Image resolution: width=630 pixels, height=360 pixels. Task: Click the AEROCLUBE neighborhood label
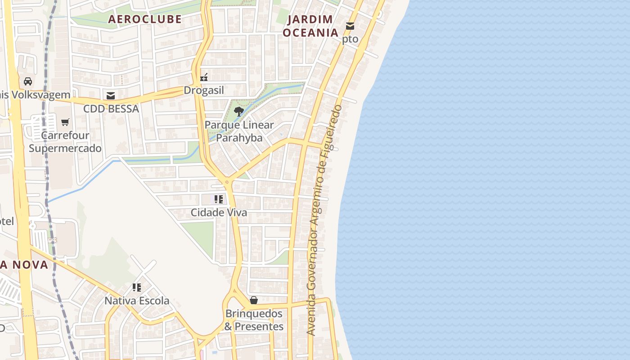coord(144,19)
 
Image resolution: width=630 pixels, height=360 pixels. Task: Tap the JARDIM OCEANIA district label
coord(310,26)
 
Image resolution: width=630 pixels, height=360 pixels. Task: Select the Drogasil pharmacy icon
coord(204,77)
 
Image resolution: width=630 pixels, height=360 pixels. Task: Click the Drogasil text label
coord(204,90)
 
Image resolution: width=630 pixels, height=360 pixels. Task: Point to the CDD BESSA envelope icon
coord(111,96)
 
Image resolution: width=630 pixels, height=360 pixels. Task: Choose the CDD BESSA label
coord(111,109)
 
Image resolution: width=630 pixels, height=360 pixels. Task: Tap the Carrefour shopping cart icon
coord(65,122)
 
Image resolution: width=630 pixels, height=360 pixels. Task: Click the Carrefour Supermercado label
coord(65,142)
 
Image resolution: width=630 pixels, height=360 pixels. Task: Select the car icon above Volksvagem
coord(28,81)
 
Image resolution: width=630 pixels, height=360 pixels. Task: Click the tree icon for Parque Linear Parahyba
coord(239,112)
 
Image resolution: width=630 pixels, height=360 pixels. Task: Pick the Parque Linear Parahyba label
coord(239,131)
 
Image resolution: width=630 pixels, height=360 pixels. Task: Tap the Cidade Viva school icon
coord(219,199)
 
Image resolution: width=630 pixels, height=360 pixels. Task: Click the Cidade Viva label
coord(219,212)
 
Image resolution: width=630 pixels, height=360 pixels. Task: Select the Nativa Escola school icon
coord(137,287)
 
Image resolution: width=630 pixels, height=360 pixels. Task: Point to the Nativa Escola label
coord(137,301)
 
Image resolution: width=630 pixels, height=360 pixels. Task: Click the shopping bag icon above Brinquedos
coord(254,300)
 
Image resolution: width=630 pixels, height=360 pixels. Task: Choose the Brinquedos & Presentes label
coord(254,320)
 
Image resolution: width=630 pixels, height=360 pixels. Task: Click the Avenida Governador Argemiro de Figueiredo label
coord(324,220)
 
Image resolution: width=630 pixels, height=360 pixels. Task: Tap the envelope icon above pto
coord(350,26)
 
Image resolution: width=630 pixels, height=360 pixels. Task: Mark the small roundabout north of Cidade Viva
coord(227,182)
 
